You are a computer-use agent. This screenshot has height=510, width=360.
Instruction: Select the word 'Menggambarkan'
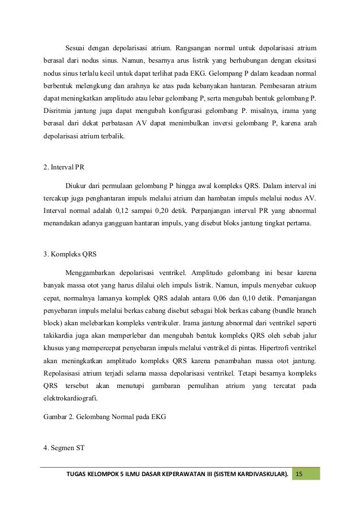tap(93, 268)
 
